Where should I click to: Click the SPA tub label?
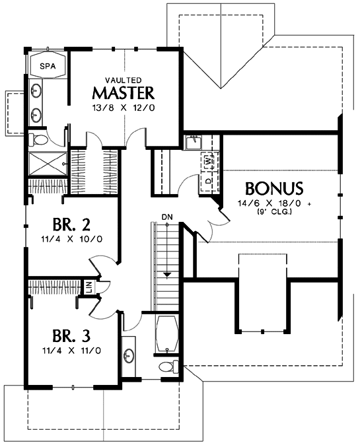pyautogui.click(x=48, y=66)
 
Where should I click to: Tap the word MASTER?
pyautogui.click(x=124, y=92)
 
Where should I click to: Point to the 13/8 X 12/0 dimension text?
pyautogui.click(x=124, y=108)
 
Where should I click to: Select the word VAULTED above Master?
pyautogui.click(x=124, y=80)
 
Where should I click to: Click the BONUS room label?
pyautogui.click(x=274, y=188)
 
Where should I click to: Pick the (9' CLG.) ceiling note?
pyautogui.click(x=274, y=211)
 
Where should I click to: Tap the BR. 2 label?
pyautogui.click(x=71, y=224)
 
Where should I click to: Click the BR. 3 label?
pyautogui.click(x=71, y=336)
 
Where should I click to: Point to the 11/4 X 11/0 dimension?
pyautogui.click(x=71, y=351)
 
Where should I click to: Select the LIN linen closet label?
pyautogui.click(x=89, y=288)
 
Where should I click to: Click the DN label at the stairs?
pyautogui.click(x=167, y=217)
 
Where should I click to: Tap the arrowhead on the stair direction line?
pyautogui.click(x=167, y=275)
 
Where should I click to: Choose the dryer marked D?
pyautogui.click(x=208, y=181)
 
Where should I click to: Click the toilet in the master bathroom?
pyautogui.click(x=38, y=139)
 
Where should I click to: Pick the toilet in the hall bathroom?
pyautogui.click(x=168, y=366)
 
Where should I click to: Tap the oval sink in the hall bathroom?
pyautogui.click(x=129, y=355)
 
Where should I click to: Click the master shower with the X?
pyautogui.click(x=48, y=164)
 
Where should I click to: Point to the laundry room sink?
pyautogui.click(x=194, y=143)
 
